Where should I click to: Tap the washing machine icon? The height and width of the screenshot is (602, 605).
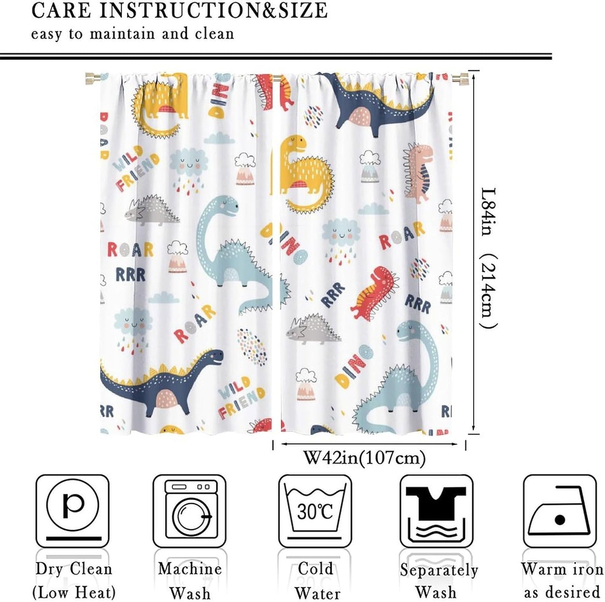189,511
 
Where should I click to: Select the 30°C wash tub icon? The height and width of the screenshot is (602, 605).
315,511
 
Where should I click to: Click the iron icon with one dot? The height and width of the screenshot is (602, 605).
560,511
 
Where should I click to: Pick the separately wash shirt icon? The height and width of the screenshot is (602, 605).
436,511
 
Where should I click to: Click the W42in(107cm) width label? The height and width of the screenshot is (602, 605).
364,457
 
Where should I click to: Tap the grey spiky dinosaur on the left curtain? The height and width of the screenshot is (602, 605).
152,210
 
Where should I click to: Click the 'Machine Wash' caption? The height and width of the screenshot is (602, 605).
190,581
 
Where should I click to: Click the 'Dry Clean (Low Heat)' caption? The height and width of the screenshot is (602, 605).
74,581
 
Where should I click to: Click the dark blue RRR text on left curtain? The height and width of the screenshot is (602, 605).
130,275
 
